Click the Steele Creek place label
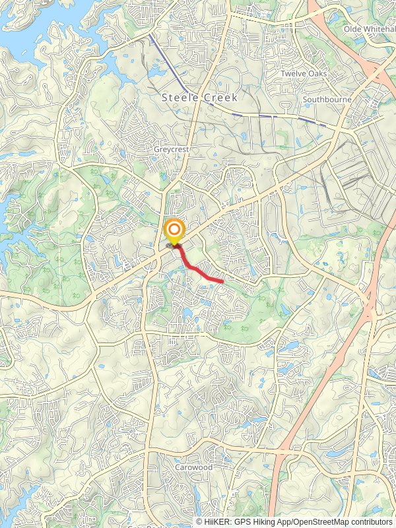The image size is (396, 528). tap(199, 97)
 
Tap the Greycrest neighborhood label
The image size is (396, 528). tap(171, 150)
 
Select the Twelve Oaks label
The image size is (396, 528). tap(304, 74)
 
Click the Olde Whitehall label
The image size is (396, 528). tap(369, 30)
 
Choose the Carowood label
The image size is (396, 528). tap(193, 467)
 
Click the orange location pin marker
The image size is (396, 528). tap(174, 232)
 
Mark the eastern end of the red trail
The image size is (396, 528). tap(222, 282)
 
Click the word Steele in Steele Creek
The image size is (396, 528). tap(179, 97)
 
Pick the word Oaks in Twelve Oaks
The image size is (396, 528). tap(316, 74)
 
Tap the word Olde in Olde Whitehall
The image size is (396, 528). tap(354, 30)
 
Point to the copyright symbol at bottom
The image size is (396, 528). tap(200, 521)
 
